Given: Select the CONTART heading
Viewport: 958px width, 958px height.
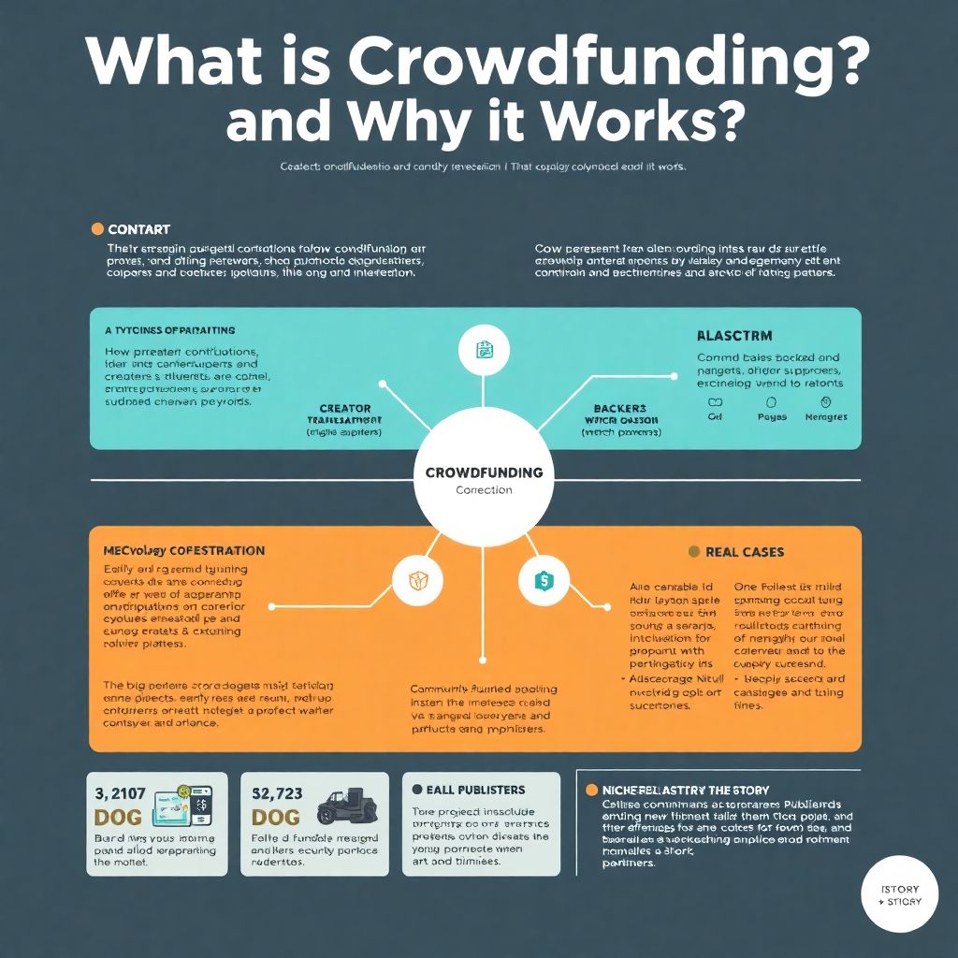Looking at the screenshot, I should coord(138,229).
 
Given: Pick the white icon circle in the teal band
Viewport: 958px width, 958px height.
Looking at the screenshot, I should coord(483,352).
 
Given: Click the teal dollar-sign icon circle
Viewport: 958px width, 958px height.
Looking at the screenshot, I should coord(543,581).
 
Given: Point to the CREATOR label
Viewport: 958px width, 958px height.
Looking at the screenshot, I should coord(345,409).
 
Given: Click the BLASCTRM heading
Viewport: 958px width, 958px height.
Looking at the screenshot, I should coord(734,335).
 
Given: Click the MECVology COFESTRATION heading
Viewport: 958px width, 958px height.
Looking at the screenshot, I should coord(183,551).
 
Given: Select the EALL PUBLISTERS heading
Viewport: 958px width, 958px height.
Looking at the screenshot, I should coord(475,790).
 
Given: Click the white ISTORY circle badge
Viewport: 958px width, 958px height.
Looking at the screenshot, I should coord(900,894).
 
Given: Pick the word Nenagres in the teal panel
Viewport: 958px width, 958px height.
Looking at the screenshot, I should coord(824,417).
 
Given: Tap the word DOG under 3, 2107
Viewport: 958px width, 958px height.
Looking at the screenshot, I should coord(119,817).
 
